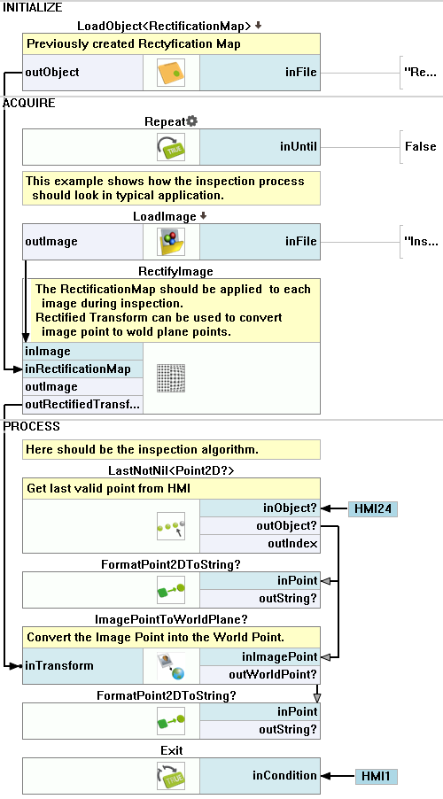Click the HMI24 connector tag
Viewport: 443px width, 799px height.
click(373, 508)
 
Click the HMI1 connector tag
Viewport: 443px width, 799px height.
click(376, 776)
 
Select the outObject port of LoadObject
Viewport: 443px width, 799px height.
click(82, 73)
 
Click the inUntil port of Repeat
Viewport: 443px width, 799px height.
click(260, 147)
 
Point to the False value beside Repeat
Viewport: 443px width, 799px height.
click(421, 147)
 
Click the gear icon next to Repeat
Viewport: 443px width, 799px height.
click(191, 121)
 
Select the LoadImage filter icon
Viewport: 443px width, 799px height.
click(171, 242)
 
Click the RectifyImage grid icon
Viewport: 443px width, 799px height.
click(171, 378)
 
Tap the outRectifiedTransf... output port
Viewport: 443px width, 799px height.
click(83, 405)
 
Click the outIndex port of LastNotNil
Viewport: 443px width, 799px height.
click(260, 544)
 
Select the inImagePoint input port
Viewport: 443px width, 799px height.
click(260, 657)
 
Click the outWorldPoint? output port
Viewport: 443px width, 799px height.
click(260, 675)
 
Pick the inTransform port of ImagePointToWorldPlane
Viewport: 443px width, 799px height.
click(82, 666)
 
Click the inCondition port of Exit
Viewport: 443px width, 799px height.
click(260, 776)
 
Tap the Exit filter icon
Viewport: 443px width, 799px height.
click(171, 776)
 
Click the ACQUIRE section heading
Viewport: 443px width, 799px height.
click(29, 103)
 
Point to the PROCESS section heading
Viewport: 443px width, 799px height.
click(32, 426)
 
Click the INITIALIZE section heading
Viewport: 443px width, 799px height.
click(33, 8)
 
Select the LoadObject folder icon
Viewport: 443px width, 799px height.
click(171, 73)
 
